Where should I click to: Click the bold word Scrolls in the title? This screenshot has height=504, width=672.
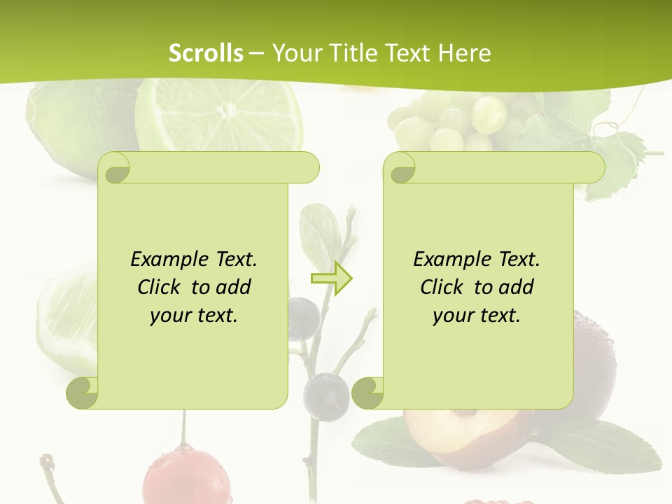tap(206, 53)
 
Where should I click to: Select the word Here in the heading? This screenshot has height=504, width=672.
tap(464, 53)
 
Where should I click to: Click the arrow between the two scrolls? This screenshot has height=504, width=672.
tap(331, 279)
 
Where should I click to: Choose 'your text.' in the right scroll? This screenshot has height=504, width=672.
tap(477, 316)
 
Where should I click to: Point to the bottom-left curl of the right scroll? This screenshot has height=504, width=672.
tap(368, 393)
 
